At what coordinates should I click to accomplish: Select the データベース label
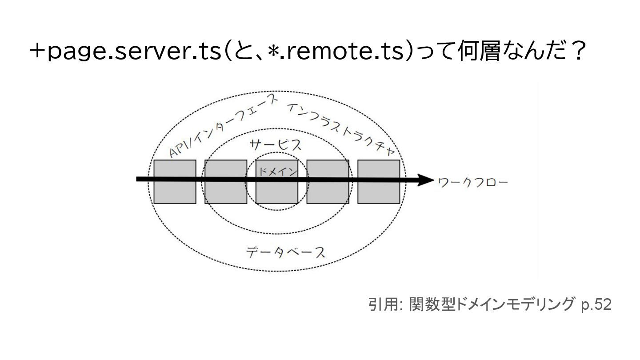pos(286,252)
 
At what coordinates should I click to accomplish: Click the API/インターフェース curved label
pos(224,126)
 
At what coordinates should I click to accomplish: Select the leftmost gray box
pos(175,191)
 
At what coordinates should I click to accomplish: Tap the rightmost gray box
pos(379,191)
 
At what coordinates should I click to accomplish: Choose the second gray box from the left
pos(225,191)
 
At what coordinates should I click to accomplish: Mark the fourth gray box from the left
pos(328,191)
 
